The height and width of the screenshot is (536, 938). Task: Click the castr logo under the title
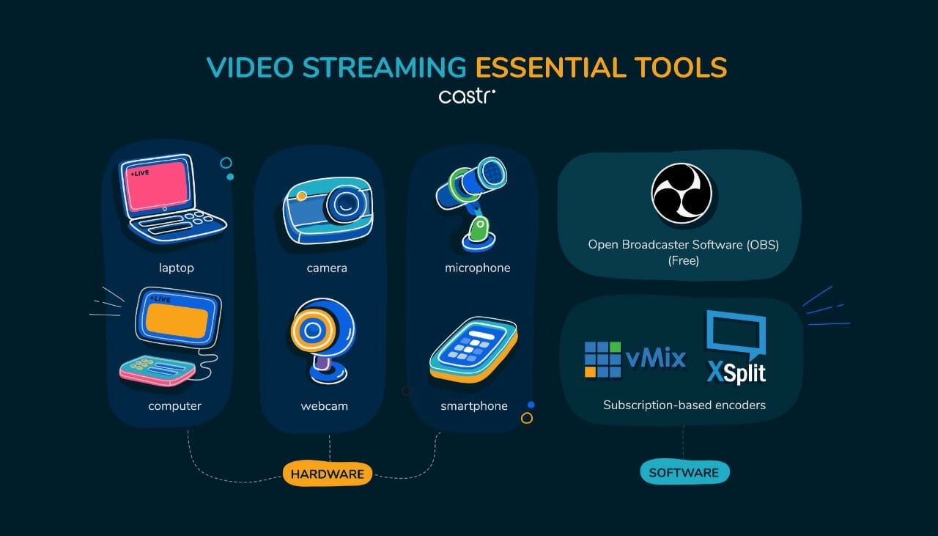[467, 96]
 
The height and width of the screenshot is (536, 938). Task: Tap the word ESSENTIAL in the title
[550, 67]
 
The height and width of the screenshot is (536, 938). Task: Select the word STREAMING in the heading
[384, 67]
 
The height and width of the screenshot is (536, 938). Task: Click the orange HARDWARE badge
[328, 474]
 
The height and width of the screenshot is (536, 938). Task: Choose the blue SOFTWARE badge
[684, 473]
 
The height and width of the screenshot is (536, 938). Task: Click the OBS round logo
[682, 193]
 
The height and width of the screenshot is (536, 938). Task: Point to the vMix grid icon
[602, 359]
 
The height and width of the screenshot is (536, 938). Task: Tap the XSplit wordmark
[736, 372]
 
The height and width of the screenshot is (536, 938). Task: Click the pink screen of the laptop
[158, 186]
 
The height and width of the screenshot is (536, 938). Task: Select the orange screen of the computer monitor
[177, 320]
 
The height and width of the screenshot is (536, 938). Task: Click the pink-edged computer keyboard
[158, 370]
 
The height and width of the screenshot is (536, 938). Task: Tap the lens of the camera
[344, 205]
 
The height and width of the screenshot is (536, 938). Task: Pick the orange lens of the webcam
[312, 330]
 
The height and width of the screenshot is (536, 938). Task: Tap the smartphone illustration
[473, 349]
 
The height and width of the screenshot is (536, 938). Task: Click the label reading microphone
[477, 268]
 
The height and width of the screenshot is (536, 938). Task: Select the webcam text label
[325, 406]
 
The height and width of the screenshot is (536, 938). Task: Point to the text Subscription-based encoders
[684, 405]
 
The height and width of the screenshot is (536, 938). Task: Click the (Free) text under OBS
[684, 260]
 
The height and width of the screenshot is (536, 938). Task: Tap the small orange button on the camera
[301, 196]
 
